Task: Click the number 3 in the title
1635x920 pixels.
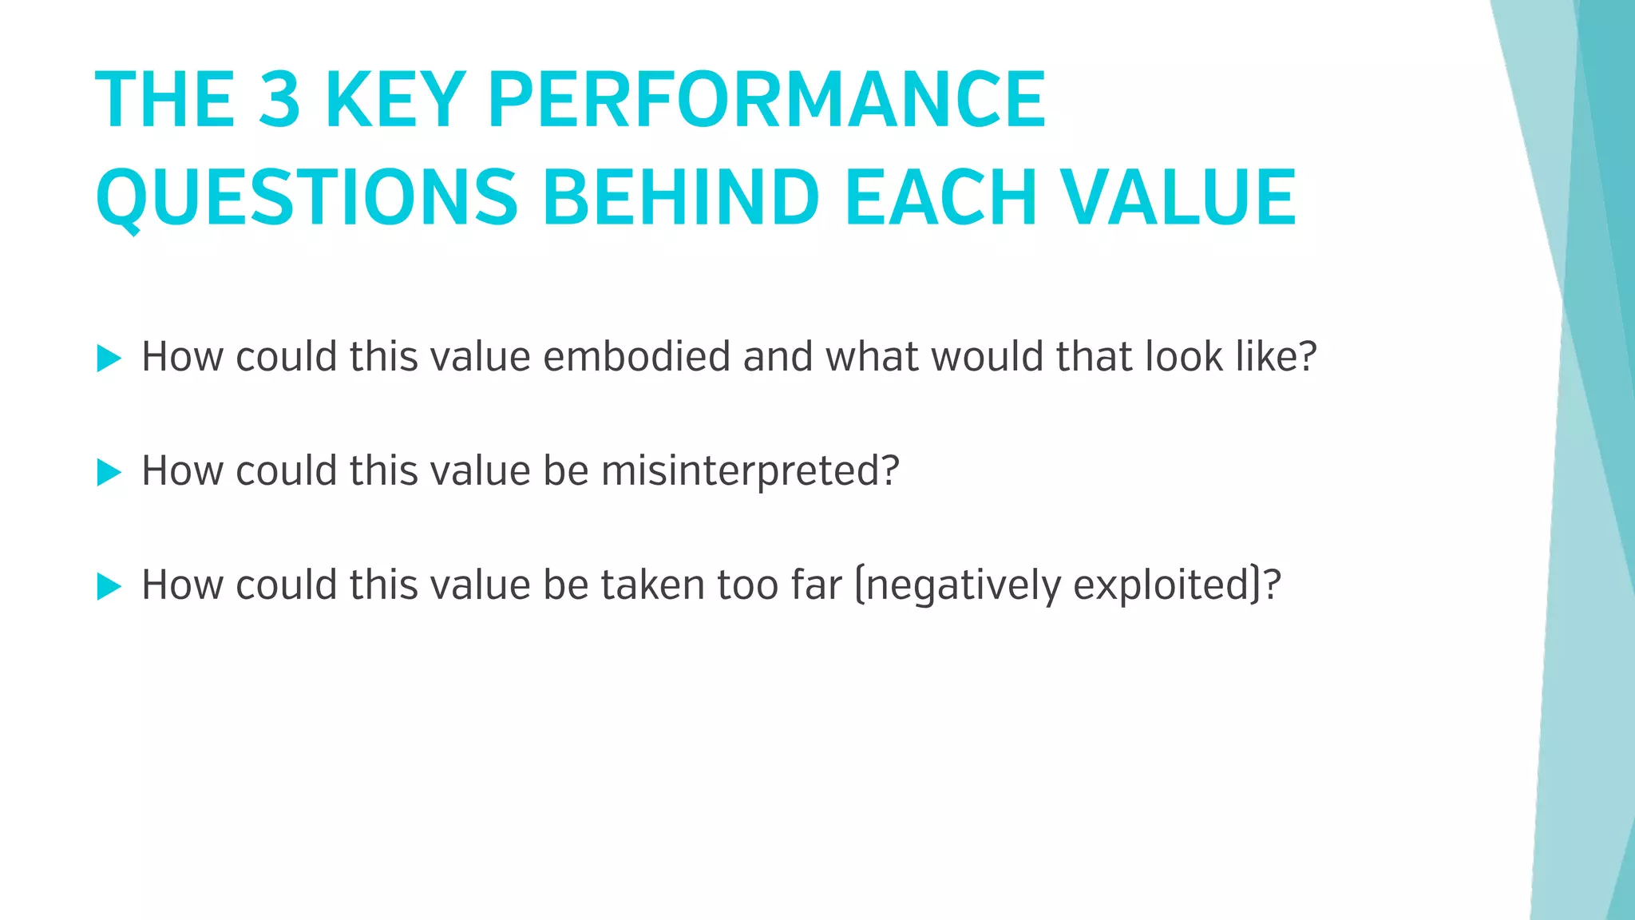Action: click(x=279, y=100)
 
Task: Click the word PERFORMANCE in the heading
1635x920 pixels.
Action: click(x=766, y=100)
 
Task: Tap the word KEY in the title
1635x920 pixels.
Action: click(x=394, y=100)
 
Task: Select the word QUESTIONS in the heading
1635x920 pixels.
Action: click(x=307, y=198)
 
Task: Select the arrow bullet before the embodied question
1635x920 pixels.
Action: click(x=109, y=358)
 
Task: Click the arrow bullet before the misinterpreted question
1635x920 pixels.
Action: click(x=109, y=472)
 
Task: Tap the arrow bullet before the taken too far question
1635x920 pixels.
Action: click(x=109, y=586)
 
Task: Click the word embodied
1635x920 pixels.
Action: click(x=636, y=356)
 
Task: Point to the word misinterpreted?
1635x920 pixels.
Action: click(x=750, y=471)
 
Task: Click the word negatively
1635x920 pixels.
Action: click(x=964, y=585)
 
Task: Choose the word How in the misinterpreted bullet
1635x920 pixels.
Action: click(x=182, y=470)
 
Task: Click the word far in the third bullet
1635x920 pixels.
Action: click(x=816, y=585)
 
